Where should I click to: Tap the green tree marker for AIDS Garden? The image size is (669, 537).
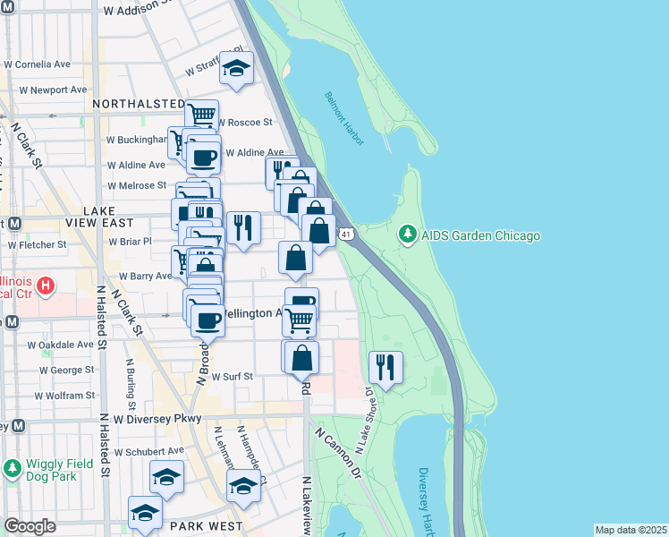click(x=408, y=234)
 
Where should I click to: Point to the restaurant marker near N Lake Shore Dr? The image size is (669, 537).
click(x=385, y=366)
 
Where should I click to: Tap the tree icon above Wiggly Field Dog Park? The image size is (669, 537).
click(x=13, y=468)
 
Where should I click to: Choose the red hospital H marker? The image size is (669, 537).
click(x=48, y=287)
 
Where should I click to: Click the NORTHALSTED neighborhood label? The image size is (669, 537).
click(x=138, y=104)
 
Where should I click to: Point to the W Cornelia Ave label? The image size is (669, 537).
click(x=38, y=64)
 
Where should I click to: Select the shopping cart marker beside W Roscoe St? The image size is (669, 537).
click(x=202, y=115)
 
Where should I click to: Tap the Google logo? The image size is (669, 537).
click(x=30, y=526)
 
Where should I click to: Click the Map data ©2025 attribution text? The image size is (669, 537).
click(x=630, y=530)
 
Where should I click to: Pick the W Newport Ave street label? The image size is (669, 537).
click(x=38, y=89)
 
